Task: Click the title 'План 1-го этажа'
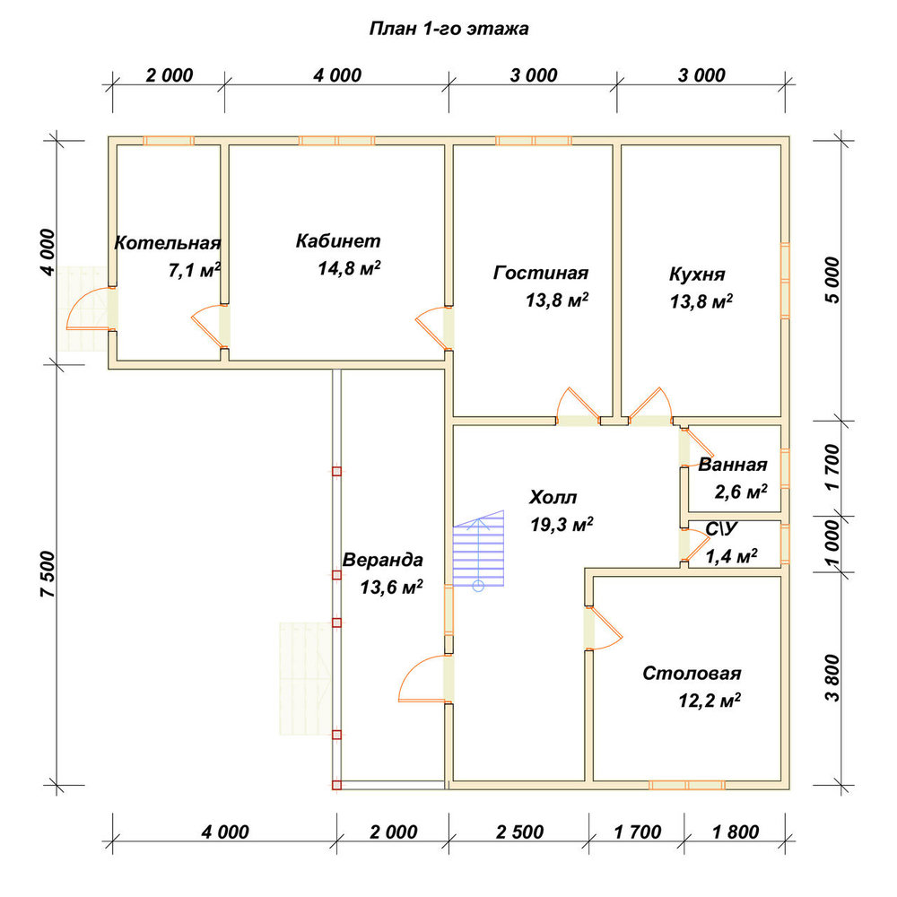tap(448, 29)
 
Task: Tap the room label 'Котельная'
tap(168, 242)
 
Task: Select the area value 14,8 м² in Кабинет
tap(349, 267)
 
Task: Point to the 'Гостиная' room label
tap(541, 273)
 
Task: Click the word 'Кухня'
tap(697, 274)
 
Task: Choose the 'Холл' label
tap(553, 497)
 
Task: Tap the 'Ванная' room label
tap(732, 464)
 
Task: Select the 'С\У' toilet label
tap(721, 529)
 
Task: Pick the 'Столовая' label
tap(692, 673)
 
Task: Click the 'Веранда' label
tap(383, 559)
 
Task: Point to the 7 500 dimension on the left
tap(48, 574)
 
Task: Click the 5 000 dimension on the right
tap(833, 280)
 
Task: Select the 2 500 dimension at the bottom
tap(519, 832)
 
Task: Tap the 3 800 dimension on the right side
tap(833, 678)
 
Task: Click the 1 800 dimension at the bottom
tap(736, 832)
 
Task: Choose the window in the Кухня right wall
tap(786, 280)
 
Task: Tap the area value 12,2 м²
tap(710, 701)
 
